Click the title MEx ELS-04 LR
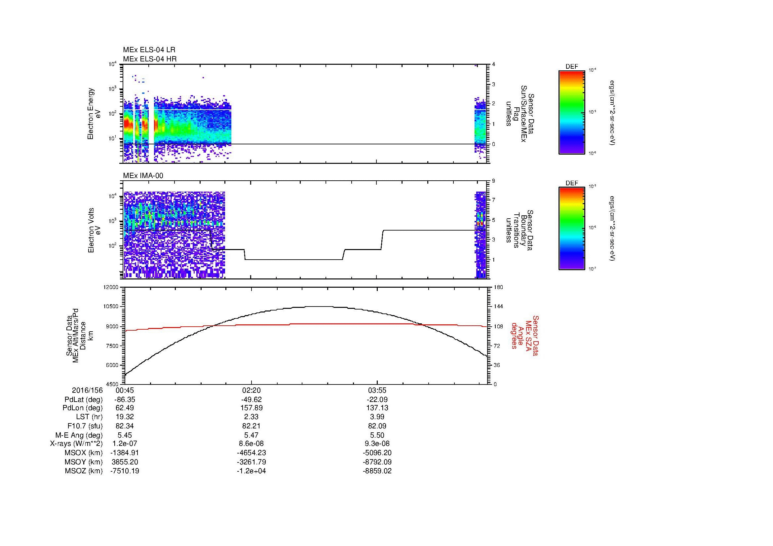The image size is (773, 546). (149, 50)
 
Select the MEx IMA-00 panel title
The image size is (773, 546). (143, 176)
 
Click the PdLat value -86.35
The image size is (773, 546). (125, 400)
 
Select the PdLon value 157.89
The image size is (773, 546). (251, 408)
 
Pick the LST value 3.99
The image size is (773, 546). (377, 417)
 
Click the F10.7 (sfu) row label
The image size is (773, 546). (85, 426)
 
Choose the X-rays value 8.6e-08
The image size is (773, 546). (251, 444)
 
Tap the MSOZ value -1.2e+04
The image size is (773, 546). (251, 471)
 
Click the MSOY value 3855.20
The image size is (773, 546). (125, 462)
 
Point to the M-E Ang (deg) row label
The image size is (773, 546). (79, 435)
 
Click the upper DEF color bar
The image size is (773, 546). (571, 112)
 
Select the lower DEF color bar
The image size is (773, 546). (571, 229)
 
